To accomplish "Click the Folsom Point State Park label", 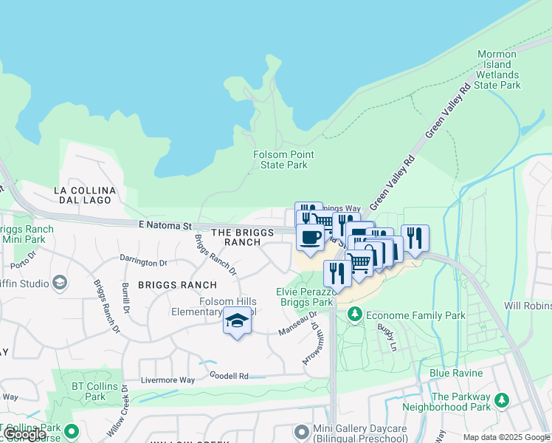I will point(283,159).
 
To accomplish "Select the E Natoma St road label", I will point(165,225).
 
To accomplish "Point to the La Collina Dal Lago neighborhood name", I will point(85,195).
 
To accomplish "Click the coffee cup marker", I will point(310,238).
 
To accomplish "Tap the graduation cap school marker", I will point(237,321).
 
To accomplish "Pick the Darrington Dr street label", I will point(144,262).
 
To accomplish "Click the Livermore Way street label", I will point(168,380).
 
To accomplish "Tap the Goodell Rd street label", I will point(228,376).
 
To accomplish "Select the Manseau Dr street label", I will point(297,327).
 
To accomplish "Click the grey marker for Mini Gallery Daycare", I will point(300,430).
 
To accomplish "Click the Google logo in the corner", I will point(24,434).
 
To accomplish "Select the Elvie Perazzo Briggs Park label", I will point(306,297).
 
